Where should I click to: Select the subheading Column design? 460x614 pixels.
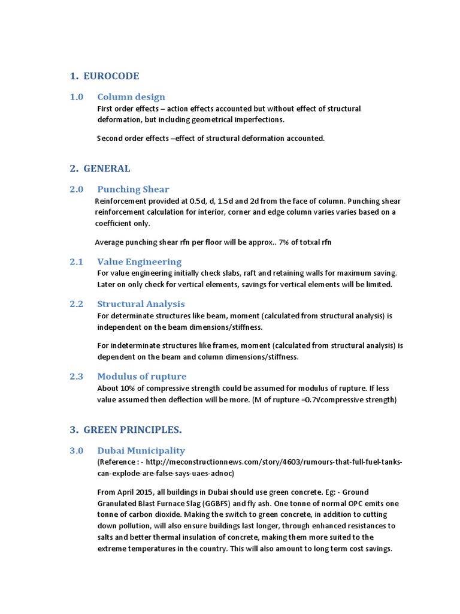[131, 97]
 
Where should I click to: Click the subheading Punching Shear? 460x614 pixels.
[133, 189]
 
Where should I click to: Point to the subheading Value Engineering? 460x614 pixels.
[139, 262]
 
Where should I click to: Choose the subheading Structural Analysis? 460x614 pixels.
[141, 304]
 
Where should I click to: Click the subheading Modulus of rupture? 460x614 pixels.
[141, 377]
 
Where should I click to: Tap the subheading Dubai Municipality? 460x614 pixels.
[141, 451]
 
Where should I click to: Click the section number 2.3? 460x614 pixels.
[76, 377]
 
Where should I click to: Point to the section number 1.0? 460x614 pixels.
[76, 97]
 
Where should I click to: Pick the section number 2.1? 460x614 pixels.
[76, 262]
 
